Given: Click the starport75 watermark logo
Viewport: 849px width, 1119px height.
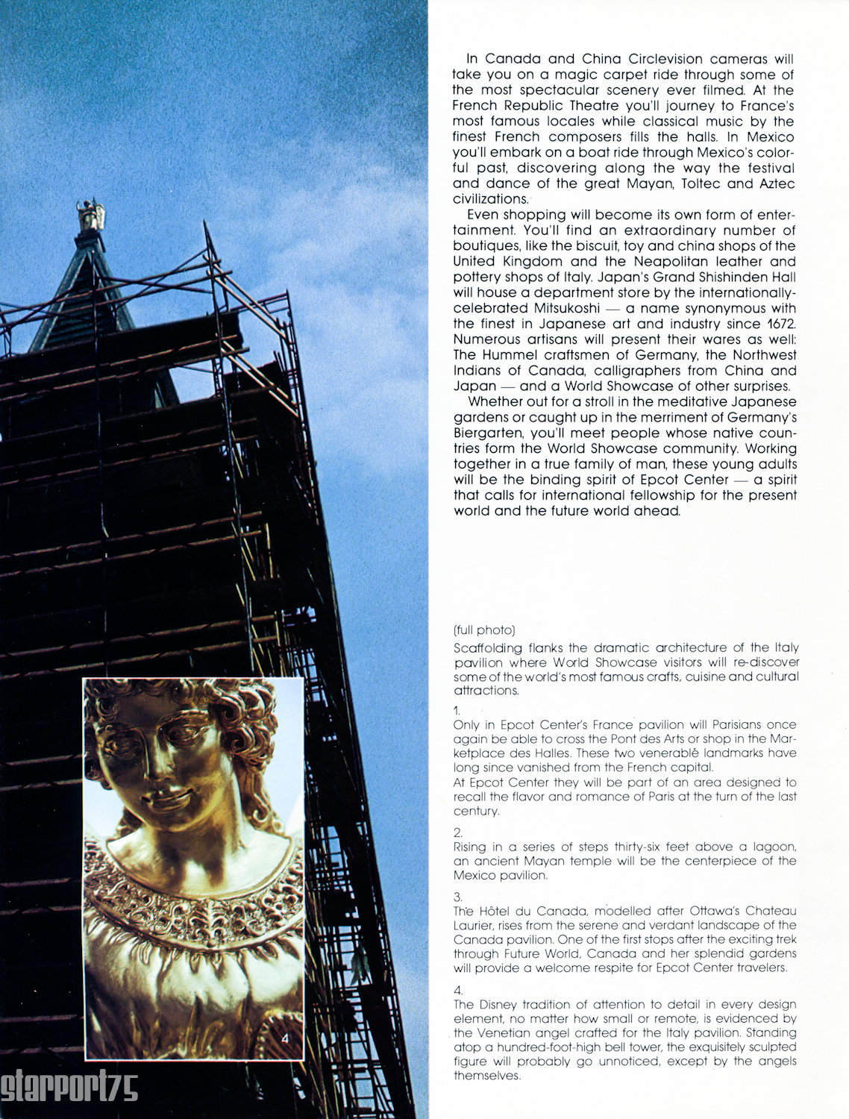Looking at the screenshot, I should [x=69, y=1088].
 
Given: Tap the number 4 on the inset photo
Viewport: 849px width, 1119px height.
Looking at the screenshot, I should [x=285, y=1038].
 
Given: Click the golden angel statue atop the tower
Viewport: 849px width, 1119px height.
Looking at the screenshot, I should [x=91, y=215].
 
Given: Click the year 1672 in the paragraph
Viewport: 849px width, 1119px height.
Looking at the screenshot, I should [x=780, y=324].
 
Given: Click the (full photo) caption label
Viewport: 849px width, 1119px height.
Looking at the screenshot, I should [x=484, y=630].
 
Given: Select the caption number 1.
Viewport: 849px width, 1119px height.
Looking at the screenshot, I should [x=457, y=711].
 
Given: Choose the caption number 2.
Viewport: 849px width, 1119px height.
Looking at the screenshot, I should [x=457, y=833].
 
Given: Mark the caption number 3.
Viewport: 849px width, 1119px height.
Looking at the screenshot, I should [x=457, y=897].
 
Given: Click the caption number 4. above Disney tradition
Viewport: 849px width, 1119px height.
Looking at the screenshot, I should [x=458, y=991].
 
